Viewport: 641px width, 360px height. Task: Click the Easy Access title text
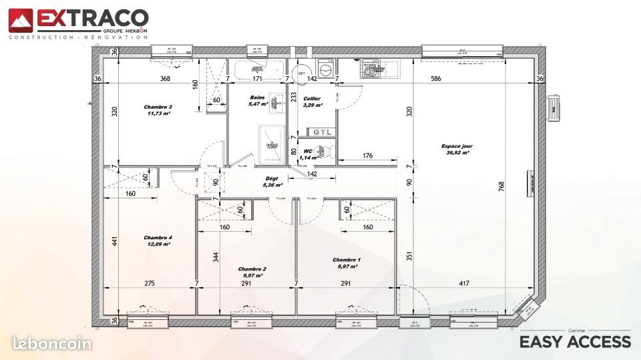(575, 342)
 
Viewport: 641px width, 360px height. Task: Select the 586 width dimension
(436, 79)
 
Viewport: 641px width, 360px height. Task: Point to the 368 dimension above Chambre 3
(165, 79)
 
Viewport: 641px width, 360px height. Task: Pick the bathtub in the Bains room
(256, 69)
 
